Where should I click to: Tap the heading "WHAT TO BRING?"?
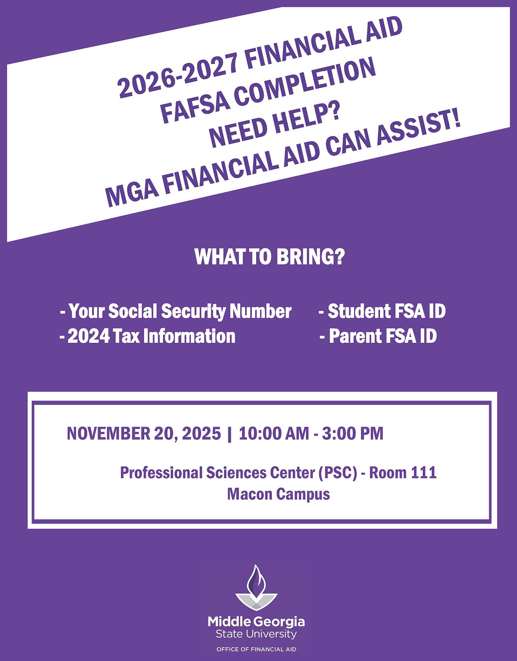(x=270, y=257)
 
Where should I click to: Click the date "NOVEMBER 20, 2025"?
(x=144, y=433)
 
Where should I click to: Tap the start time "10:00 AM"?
(x=274, y=433)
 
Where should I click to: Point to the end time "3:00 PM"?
(x=352, y=433)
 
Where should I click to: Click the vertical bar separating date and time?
(x=230, y=433)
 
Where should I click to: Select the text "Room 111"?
(x=403, y=472)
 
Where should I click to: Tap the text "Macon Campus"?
(x=278, y=494)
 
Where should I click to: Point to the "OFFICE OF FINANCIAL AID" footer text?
(x=256, y=649)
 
